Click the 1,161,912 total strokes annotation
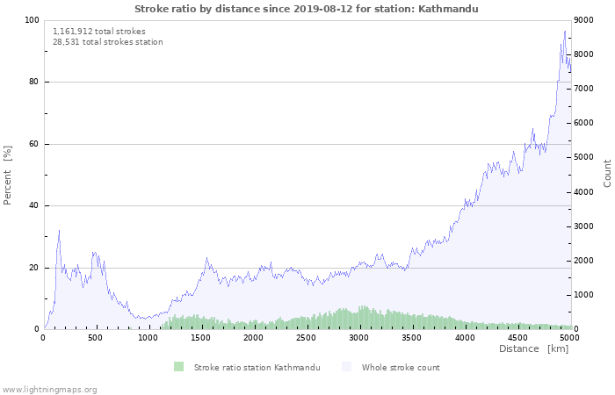coord(99,31)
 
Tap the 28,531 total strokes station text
coord(107,41)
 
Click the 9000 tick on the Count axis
coord(587,20)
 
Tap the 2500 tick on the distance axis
coord(307,337)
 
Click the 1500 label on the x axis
coord(201,337)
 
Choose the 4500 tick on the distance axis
coord(517,337)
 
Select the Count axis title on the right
coord(607,173)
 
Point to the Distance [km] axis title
coord(533,348)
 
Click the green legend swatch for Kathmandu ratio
coord(179,367)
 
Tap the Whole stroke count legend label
coord(402,367)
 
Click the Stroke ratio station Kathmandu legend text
coord(257,367)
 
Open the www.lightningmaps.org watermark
coord(49,389)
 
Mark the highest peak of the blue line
coord(565,31)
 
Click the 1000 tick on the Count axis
coord(587,295)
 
